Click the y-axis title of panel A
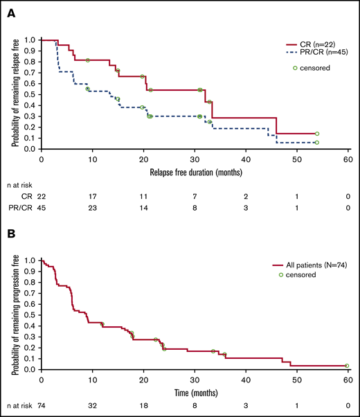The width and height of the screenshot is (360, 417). [x=15, y=94]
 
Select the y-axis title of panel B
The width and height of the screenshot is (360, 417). [x=15, y=314]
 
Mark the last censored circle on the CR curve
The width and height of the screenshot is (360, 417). [x=317, y=134]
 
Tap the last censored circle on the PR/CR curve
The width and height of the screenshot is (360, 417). [x=317, y=143]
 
